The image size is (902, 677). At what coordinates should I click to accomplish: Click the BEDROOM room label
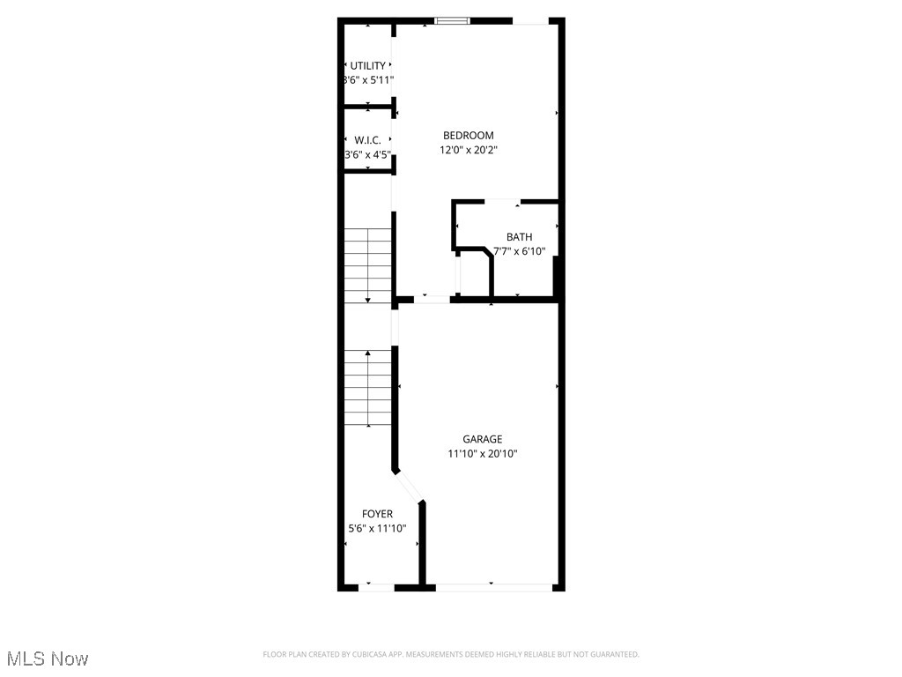[x=468, y=135]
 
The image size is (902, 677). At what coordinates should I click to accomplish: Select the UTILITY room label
[x=367, y=65]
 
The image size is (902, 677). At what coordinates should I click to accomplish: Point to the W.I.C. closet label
[x=367, y=140]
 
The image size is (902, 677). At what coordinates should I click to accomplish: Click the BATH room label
[x=519, y=236]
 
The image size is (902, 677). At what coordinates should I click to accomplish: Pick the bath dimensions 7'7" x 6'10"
[x=519, y=251]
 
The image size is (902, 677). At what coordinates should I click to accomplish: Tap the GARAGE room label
[x=483, y=439]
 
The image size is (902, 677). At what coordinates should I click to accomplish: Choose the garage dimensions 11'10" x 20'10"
[x=483, y=454]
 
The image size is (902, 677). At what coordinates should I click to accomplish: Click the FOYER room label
[x=377, y=514]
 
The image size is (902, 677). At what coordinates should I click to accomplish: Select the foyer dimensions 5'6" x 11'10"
[x=377, y=529]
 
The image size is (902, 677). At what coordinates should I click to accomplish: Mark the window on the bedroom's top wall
[x=453, y=20]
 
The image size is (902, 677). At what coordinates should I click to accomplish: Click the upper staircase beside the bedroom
[x=367, y=264]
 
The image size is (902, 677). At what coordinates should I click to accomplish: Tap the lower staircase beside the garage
[x=367, y=388]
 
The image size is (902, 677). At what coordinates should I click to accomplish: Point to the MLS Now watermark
[x=46, y=658]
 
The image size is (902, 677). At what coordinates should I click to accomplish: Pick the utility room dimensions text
[x=367, y=80]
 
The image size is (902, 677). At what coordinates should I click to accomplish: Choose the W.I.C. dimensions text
[x=367, y=155]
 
